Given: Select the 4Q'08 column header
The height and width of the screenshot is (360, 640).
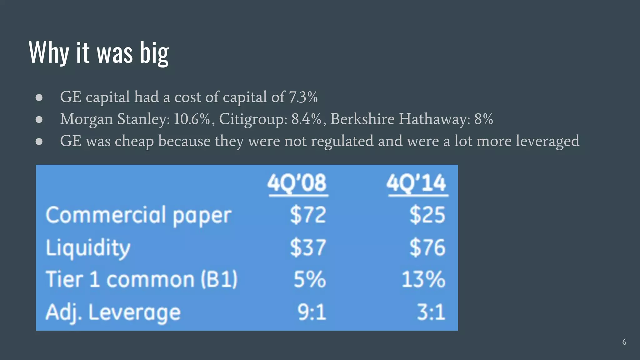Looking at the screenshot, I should [297, 183].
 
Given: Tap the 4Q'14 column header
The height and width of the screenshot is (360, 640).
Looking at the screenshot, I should [417, 183].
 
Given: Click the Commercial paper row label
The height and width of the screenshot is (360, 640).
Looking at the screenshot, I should [138, 216].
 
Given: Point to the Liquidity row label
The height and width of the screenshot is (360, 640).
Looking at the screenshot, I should [88, 248].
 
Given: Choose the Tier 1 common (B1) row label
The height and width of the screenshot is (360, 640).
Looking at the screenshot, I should [142, 279].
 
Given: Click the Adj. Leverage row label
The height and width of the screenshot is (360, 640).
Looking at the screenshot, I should [113, 312].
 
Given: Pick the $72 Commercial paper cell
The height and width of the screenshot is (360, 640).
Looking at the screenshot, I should [308, 215].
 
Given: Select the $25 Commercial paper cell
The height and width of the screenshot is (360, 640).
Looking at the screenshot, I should [427, 215].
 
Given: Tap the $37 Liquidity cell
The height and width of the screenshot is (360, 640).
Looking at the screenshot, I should [308, 247].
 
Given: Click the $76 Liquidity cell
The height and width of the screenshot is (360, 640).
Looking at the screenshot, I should [427, 247].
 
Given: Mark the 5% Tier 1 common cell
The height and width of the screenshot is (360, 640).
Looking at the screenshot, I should [310, 279].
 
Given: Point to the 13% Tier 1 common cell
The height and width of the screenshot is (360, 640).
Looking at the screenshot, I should [423, 279].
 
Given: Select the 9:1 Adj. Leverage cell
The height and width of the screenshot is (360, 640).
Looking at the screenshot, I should [312, 312].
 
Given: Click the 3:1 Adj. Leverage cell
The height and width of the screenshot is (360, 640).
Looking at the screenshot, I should [431, 312].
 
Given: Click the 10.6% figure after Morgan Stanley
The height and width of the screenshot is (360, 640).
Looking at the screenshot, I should [192, 119].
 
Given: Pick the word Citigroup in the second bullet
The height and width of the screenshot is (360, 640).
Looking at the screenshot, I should [253, 119].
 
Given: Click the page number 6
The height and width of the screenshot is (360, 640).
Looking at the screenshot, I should [624, 342].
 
